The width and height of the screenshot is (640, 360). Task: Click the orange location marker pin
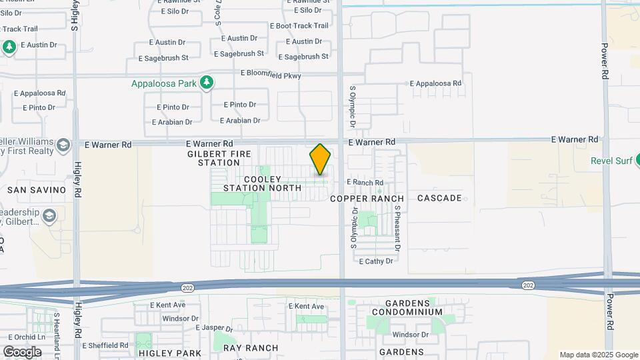pyautogui.click(x=320, y=159)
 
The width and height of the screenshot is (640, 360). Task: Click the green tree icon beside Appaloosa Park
pyautogui.click(x=208, y=83)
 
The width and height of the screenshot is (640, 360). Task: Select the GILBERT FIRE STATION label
pyautogui.click(x=214, y=158)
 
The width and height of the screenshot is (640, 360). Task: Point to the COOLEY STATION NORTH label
pyautogui.click(x=263, y=184)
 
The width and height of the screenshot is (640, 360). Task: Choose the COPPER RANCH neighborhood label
pyautogui.click(x=367, y=199)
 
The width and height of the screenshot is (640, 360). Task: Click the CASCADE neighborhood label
pyautogui.click(x=439, y=198)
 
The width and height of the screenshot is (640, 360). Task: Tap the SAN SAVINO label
pyautogui.click(x=37, y=190)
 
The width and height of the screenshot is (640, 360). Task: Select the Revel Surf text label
pyautogui.click(x=610, y=161)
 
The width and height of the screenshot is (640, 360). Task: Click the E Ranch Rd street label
pyautogui.click(x=365, y=183)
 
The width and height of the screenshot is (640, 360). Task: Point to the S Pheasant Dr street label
pyautogui.click(x=397, y=227)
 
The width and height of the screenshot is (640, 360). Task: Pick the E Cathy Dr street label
pyautogui.click(x=376, y=261)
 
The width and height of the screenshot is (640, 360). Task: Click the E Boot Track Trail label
pyautogui.click(x=299, y=26)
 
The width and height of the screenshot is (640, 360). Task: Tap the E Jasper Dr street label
pyautogui.click(x=214, y=329)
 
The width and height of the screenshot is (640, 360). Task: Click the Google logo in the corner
pyautogui.click(x=22, y=351)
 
